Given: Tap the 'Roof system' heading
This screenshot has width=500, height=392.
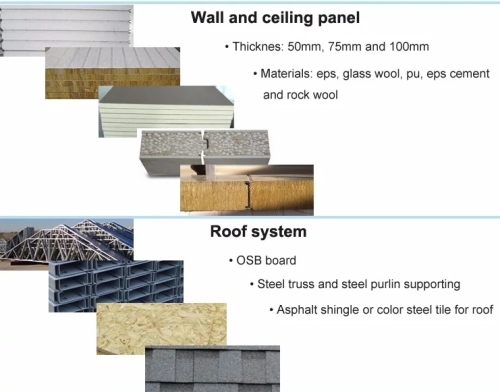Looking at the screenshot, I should click(258, 232).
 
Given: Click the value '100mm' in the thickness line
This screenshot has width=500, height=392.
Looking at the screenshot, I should click(416, 48).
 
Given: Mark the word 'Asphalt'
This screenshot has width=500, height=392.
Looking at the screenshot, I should click(301, 309).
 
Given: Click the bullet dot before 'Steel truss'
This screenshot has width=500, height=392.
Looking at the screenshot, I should click(251, 285).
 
